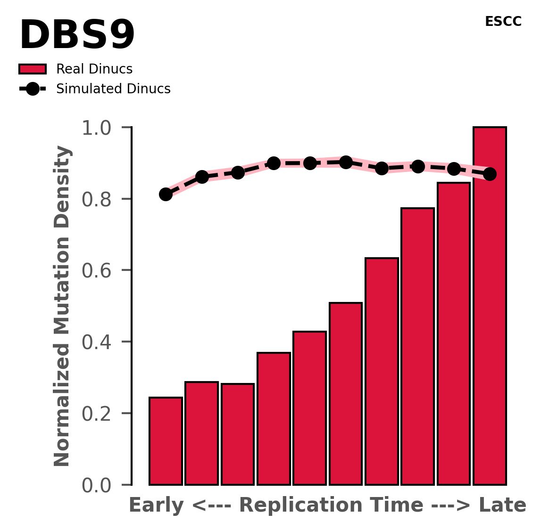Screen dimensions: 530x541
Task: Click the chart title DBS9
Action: tap(77, 36)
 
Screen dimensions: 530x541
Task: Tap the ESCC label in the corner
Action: tap(503, 22)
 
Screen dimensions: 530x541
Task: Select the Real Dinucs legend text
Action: tap(94, 69)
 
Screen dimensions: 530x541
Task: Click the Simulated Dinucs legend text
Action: tap(113, 89)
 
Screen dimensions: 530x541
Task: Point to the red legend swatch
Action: tap(33, 69)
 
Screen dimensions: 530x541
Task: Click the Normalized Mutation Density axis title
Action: tap(62, 306)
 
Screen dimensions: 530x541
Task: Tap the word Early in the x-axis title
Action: tap(156, 506)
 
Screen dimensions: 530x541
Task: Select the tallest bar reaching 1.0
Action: tap(490, 306)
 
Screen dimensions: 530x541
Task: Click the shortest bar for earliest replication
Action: tap(166, 441)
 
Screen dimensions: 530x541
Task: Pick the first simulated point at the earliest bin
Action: tap(166, 194)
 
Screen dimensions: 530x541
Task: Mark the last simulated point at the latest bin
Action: tap(490, 174)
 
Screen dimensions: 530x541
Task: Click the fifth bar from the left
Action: tap(309, 408)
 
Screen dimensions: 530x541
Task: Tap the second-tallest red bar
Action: tap(454, 334)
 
